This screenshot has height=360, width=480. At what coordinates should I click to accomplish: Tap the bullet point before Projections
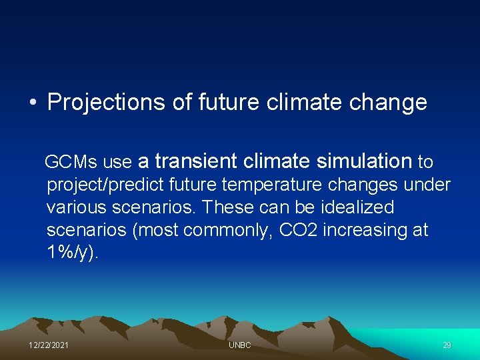click(33, 102)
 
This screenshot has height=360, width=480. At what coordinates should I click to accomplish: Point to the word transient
click(195, 161)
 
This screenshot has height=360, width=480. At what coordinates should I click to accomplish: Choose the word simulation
click(365, 161)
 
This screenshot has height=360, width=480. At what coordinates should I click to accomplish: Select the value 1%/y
click(69, 253)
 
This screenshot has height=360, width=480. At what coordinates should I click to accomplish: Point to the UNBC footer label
click(240, 345)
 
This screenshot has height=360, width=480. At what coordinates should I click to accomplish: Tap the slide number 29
click(447, 345)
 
